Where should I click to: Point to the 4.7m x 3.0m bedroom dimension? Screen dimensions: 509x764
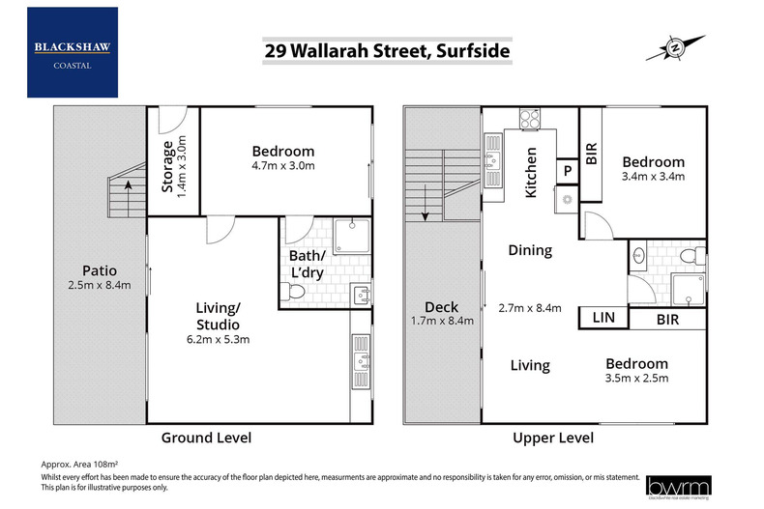(283, 166)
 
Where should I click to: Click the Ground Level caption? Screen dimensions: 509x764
(206, 438)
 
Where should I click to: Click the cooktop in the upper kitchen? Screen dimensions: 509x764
(530, 121)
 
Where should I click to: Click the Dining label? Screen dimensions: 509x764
(530, 250)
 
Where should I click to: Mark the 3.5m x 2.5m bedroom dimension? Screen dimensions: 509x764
(636, 380)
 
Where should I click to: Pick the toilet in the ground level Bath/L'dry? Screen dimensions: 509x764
(298, 291)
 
